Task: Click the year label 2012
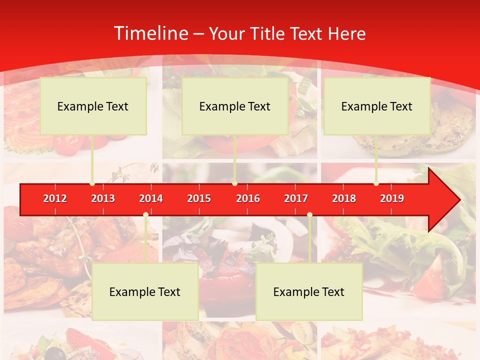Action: (x=55, y=198)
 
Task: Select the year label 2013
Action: (x=103, y=198)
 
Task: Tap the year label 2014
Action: (x=151, y=198)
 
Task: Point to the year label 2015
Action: (x=199, y=198)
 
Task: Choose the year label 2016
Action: (x=248, y=198)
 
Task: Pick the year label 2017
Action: (x=296, y=198)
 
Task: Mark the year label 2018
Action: (x=344, y=198)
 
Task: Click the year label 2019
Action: (x=392, y=198)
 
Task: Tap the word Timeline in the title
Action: (x=150, y=33)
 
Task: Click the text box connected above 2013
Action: (x=93, y=106)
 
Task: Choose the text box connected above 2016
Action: (x=235, y=106)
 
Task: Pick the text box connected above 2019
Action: (x=377, y=106)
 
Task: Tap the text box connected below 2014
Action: (x=145, y=291)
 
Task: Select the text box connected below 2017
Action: (x=309, y=291)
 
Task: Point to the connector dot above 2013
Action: (x=92, y=183)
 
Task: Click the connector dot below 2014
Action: (x=145, y=215)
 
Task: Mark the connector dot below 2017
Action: (x=309, y=215)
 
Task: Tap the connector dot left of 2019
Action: (x=376, y=183)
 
